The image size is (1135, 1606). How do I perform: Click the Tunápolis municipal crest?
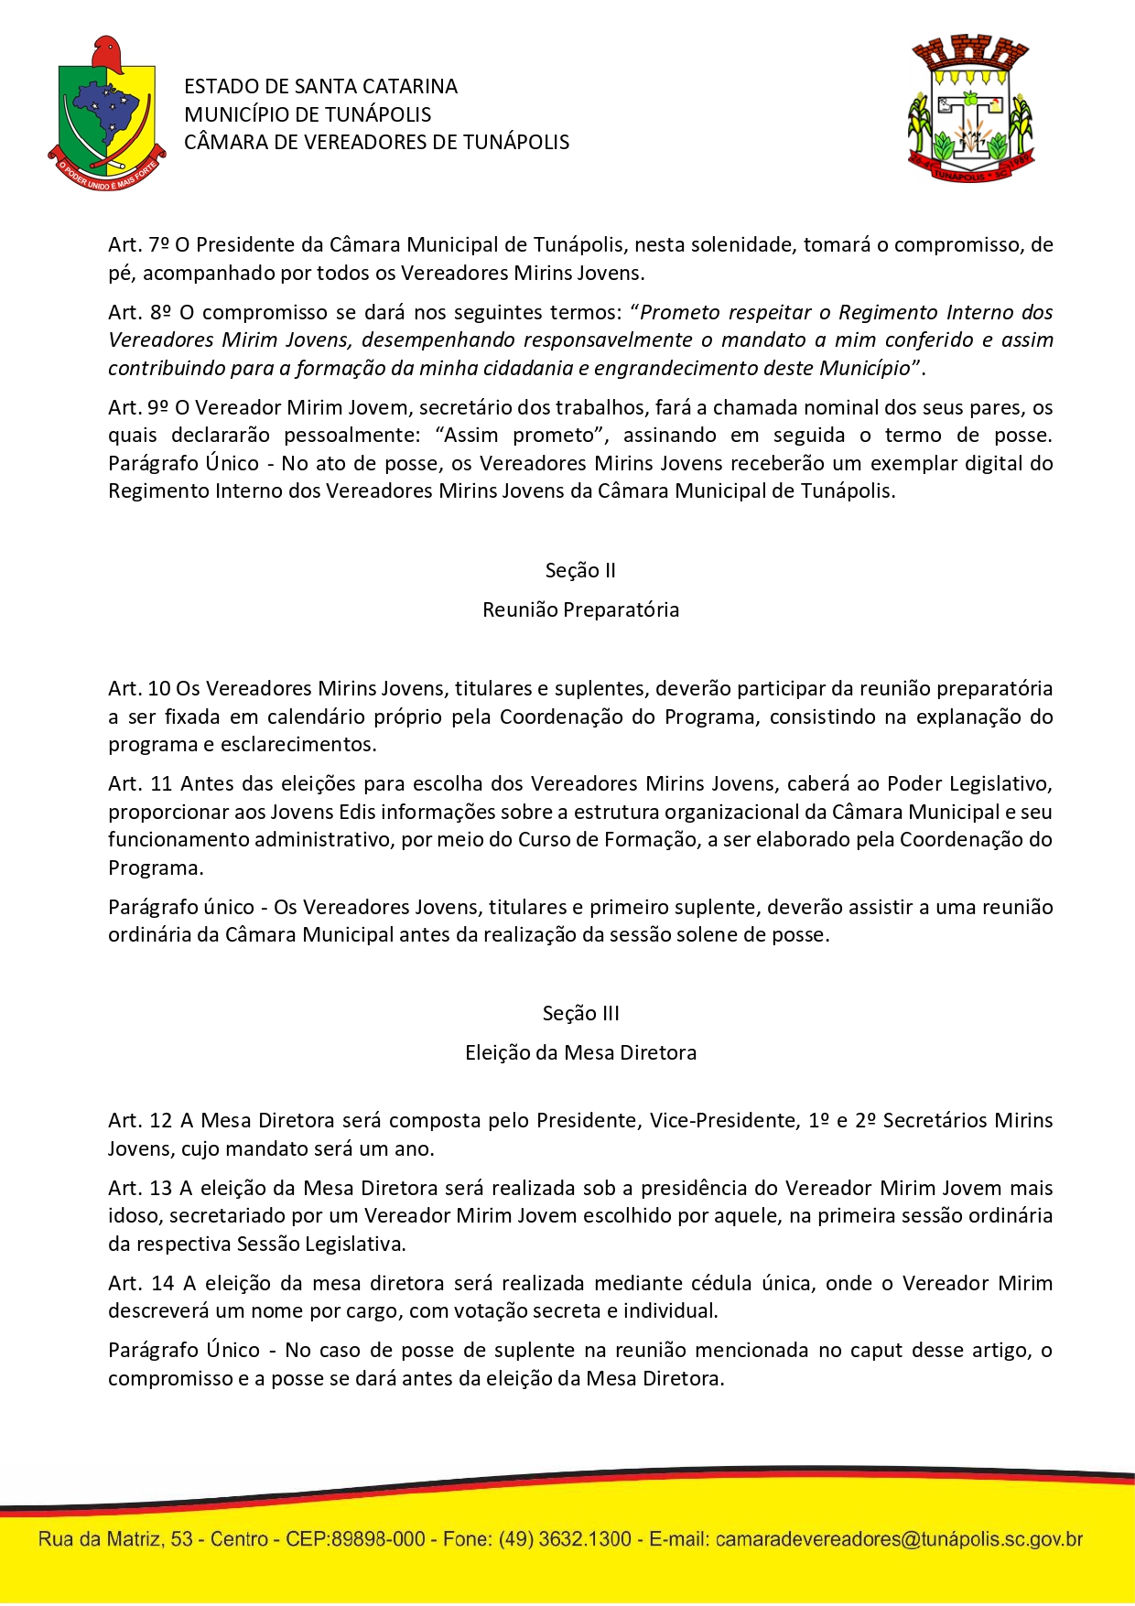point(971,108)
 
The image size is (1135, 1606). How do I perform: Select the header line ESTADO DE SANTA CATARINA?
point(320,86)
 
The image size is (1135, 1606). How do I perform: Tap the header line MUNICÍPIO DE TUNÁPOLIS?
point(308,114)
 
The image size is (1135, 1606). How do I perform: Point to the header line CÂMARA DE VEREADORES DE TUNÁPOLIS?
point(376,142)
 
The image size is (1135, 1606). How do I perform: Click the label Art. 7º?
point(138,244)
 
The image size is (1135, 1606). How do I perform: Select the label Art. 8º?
point(139,312)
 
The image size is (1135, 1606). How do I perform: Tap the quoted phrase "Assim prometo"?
point(521,435)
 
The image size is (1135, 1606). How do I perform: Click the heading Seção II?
point(580,570)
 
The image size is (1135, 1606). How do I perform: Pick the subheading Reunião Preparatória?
point(580,609)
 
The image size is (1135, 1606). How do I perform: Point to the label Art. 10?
point(139,688)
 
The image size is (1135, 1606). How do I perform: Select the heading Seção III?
point(580,1013)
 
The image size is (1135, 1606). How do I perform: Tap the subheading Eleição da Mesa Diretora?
point(580,1052)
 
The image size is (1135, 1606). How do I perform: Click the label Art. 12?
point(139,1120)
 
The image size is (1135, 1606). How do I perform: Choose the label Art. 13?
point(139,1188)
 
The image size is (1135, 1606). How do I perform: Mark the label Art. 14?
point(140,1283)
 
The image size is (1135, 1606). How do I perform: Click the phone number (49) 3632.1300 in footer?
point(565,1539)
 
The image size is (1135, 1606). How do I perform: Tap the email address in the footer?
point(899,1539)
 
